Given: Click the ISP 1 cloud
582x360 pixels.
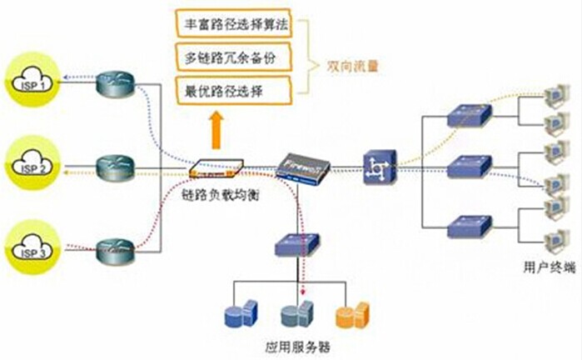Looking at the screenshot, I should [31, 81].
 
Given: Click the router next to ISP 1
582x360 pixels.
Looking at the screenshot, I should [113, 82].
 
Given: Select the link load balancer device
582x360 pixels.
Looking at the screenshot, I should [216, 168].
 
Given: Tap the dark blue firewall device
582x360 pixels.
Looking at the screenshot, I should [303, 167].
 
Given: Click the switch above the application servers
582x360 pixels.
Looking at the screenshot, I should [297, 243].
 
